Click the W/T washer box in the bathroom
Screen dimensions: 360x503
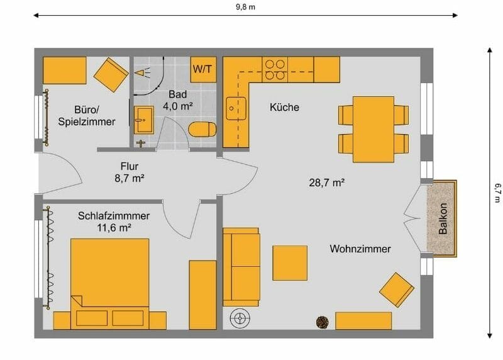(203, 69)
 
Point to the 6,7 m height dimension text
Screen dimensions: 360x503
(497, 193)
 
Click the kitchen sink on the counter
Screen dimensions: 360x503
(236, 108)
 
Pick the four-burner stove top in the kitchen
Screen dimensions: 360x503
(274, 69)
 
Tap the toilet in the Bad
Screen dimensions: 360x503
(202, 130)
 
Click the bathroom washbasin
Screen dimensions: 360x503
(143, 119)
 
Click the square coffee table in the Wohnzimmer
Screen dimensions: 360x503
(290, 262)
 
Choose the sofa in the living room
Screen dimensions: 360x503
(241, 266)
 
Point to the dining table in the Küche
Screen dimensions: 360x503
(373, 129)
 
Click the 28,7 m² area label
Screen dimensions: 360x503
(327, 183)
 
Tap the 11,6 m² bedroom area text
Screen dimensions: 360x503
(114, 228)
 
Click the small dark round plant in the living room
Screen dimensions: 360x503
(323, 322)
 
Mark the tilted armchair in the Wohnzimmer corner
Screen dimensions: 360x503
(397, 290)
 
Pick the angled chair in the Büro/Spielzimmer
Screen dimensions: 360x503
(111, 74)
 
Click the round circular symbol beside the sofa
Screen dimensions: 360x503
(240, 319)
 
